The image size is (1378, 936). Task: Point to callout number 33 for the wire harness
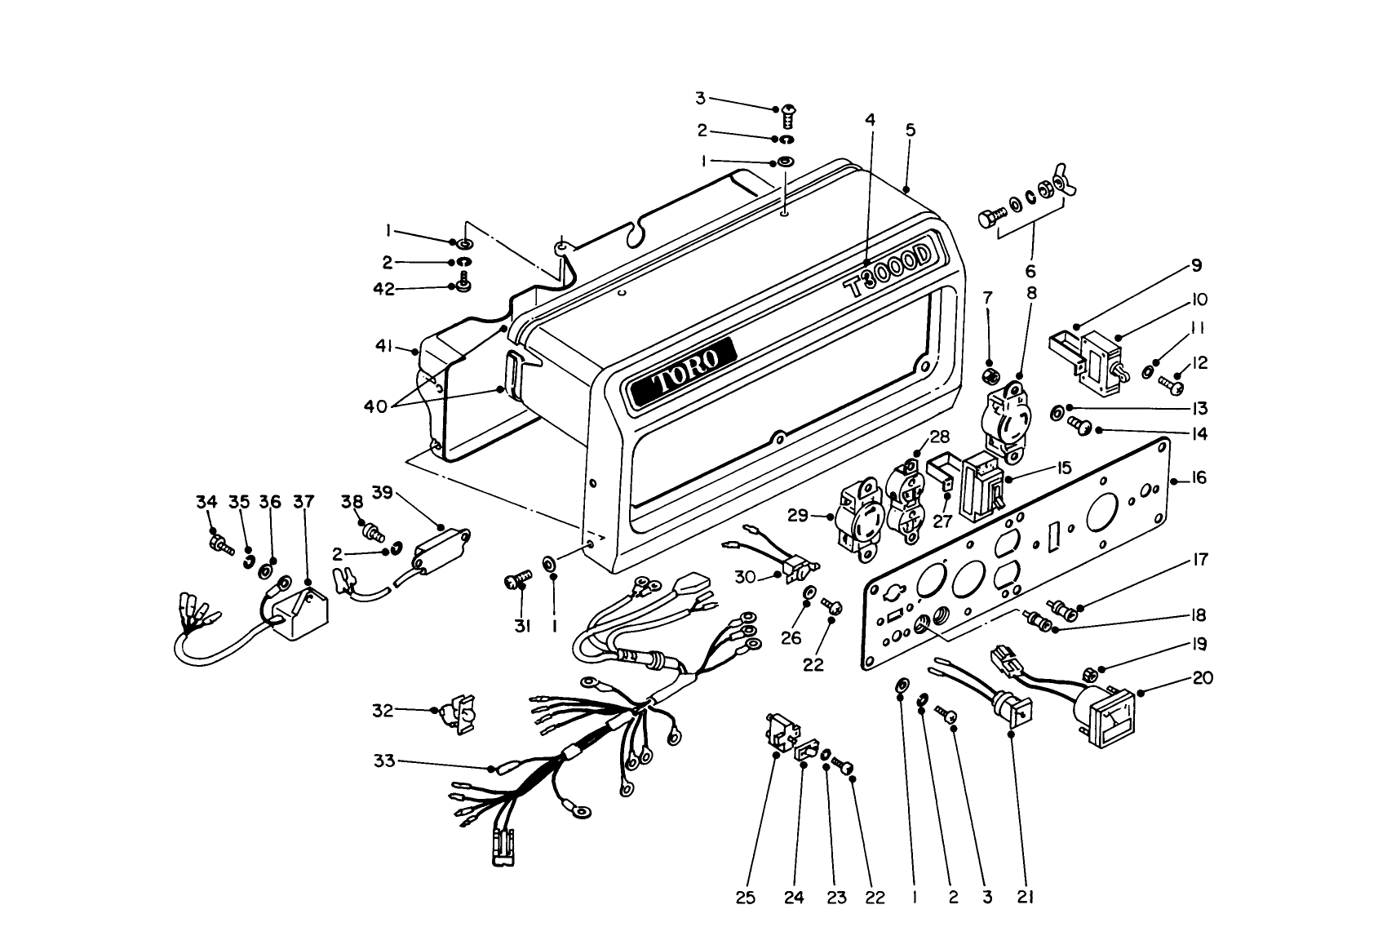pos(383,761)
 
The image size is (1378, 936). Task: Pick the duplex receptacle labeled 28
pos(903,497)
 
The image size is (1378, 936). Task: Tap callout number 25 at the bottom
pos(746,898)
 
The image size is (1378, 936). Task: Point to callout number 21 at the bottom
pos(1026,898)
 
